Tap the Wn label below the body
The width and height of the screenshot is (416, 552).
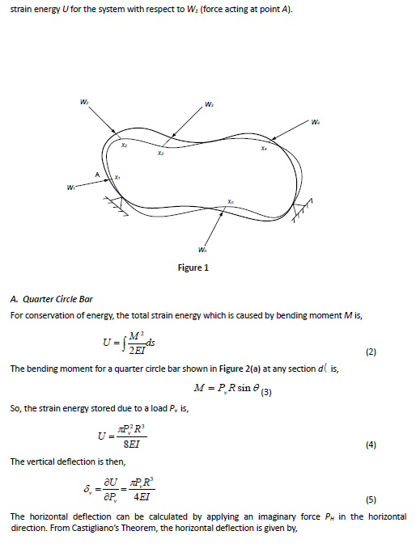click(202, 247)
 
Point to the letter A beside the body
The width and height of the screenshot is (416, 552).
click(96, 173)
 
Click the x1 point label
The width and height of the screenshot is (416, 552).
click(117, 176)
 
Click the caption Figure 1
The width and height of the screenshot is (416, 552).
click(195, 268)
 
